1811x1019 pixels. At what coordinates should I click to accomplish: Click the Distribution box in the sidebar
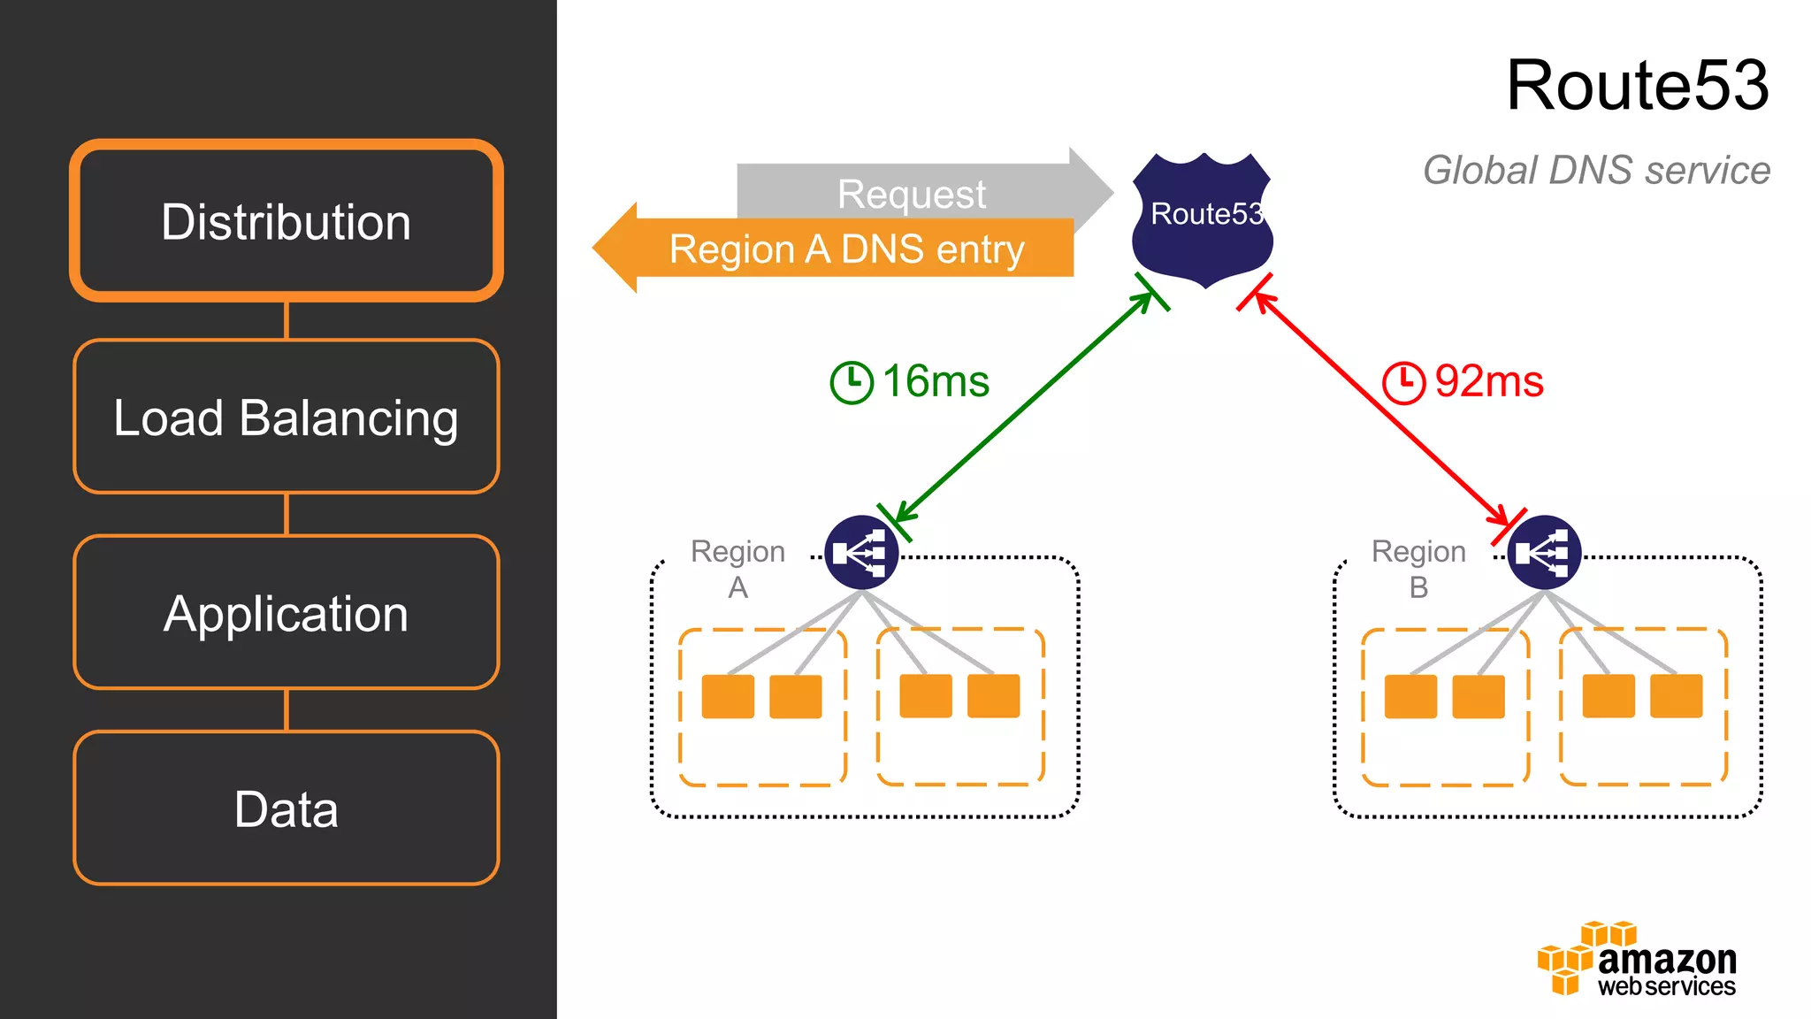(286, 221)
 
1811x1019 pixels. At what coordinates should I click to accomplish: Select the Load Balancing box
(286, 417)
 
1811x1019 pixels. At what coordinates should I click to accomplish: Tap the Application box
(286, 613)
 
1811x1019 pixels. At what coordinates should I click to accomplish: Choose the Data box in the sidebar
(286, 808)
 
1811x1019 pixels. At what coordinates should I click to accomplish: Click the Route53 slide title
(1637, 85)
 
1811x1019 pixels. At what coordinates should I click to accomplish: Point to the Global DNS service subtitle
(1596, 170)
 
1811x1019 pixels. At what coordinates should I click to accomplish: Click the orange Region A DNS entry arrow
(840, 249)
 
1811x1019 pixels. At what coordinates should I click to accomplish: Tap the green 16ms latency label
(936, 381)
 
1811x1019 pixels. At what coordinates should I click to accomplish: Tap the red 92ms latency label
(1488, 381)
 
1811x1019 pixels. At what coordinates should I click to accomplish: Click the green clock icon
(852, 382)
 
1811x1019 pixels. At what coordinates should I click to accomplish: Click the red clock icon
(1403, 382)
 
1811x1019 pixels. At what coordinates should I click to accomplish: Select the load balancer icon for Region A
(861, 553)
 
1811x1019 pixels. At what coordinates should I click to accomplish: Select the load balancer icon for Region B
(1544, 553)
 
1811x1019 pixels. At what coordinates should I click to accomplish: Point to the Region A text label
(737, 568)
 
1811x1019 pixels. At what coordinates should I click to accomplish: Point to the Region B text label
(1418, 568)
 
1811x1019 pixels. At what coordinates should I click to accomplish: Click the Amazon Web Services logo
(1637, 960)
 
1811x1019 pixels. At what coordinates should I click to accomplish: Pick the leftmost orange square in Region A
(728, 696)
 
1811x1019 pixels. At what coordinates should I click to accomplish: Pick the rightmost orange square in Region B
(1676, 695)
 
